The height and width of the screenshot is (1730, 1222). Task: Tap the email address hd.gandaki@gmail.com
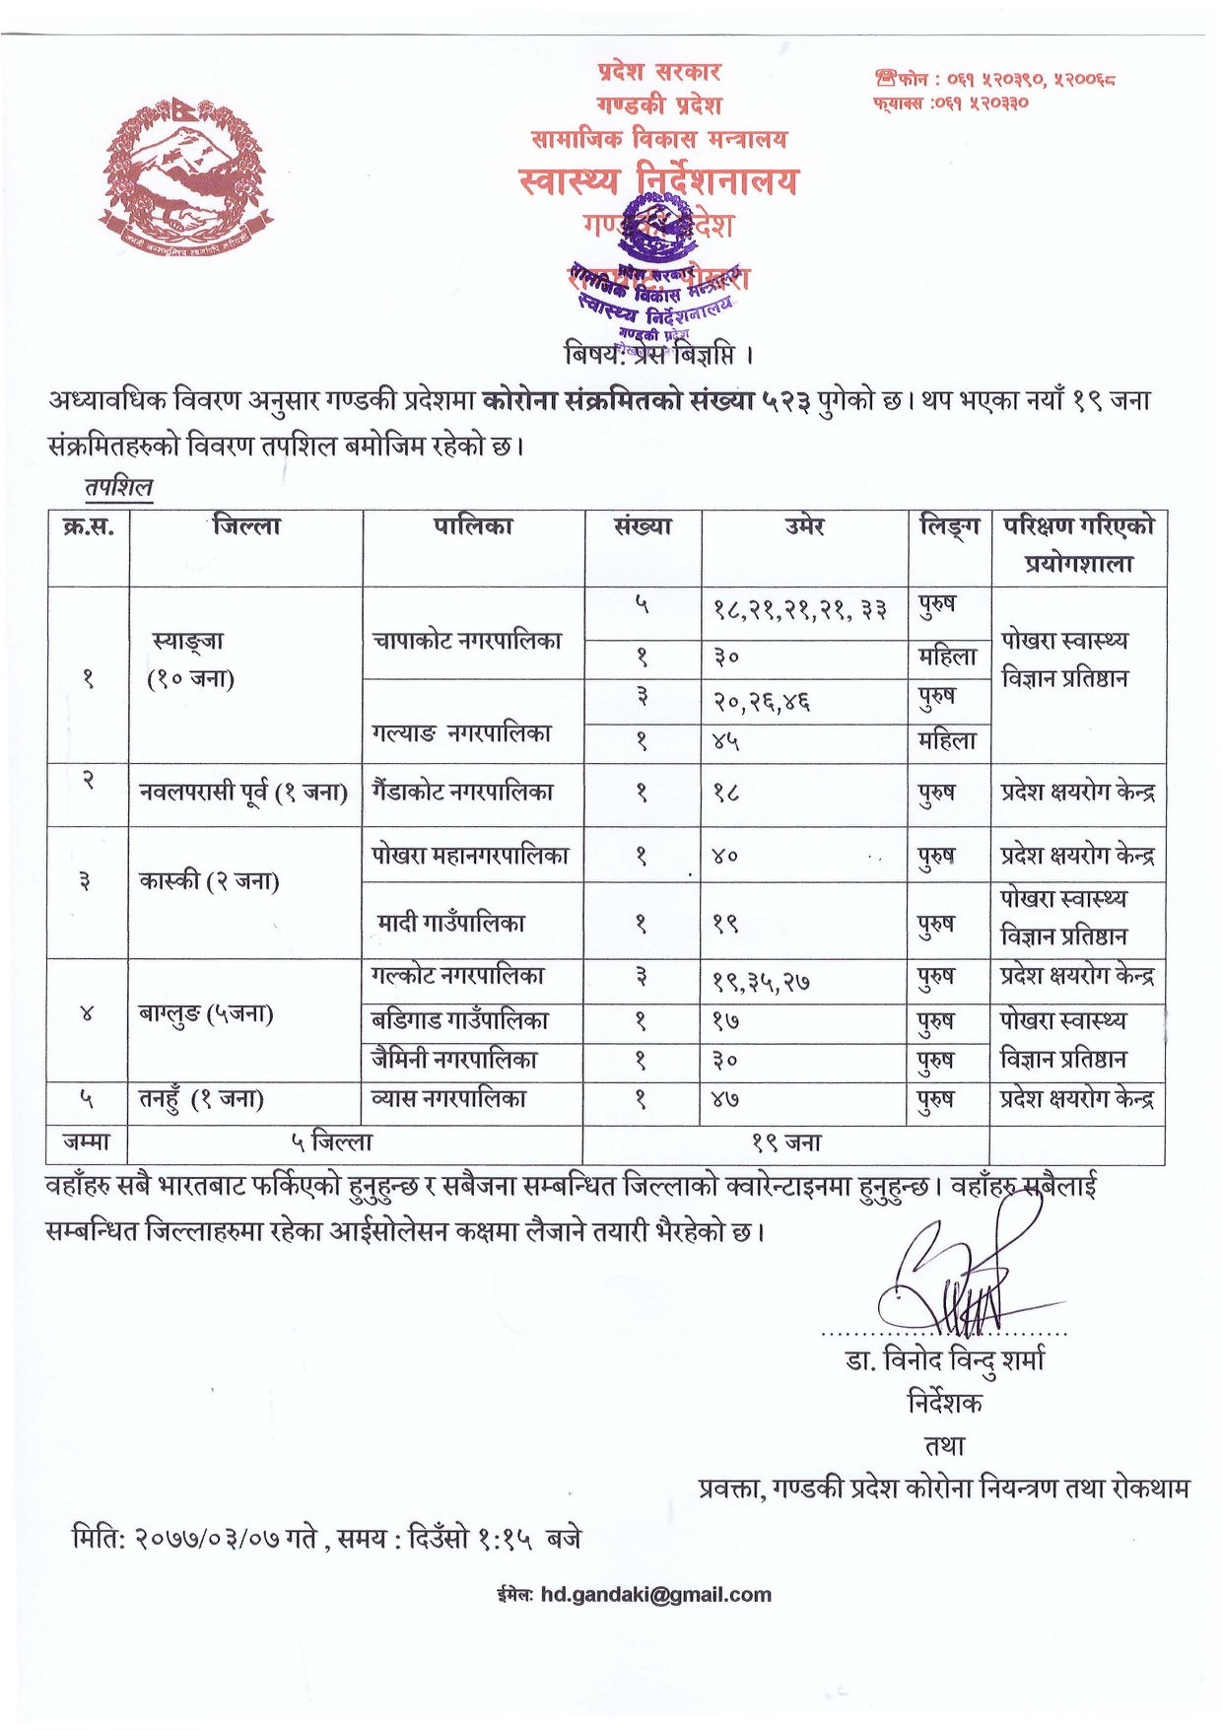click(x=656, y=1594)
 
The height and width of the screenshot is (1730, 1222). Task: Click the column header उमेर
click(x=804, y=526)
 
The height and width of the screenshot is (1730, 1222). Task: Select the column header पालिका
click(x=473, y=526)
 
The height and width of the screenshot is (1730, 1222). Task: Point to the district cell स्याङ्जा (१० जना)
click(x=189, y=658)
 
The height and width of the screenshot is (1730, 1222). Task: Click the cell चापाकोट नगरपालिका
click(x=467, y=641)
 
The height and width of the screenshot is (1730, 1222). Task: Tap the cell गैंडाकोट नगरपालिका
click(x=462, y=792)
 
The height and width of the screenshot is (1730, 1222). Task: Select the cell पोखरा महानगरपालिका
click(x=470, y=855)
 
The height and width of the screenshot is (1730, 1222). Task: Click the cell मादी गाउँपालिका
click(x=451, y=923)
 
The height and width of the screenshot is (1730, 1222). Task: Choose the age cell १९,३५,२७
click(x=761, y=981)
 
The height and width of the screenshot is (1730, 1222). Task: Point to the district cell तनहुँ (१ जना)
click(x=201, y=1098)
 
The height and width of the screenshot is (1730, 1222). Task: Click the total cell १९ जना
click(x=785, y=1142)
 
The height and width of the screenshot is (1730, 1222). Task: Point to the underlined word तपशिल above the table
click(x=118, y=487)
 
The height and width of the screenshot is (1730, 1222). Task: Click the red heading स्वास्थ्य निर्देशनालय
click(x=657, y=180)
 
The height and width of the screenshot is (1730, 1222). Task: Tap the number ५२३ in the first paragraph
click(x=786, y=400)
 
